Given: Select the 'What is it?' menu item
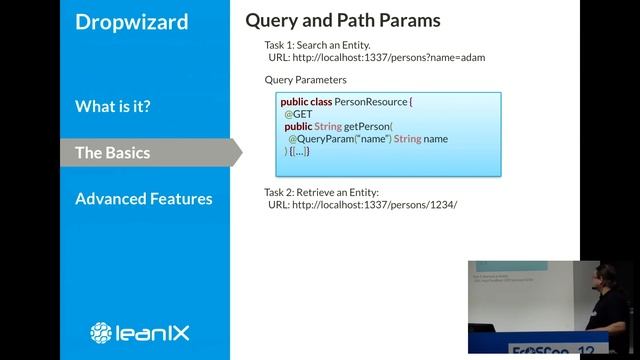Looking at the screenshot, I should pyautogui.click(x=112, y=106).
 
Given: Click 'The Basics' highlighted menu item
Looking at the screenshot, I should pyautogui.click(x=112, y=152).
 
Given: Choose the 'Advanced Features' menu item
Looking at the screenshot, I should pyautogui.click(x=143, y=198).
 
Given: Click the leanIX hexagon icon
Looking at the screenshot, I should pyautogui.click(x=101, y=332).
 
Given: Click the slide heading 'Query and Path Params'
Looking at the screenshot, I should pyautogui.click(x=342, y=20).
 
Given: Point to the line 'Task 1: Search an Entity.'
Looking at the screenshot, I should pyautogui.click(x=317, y=45).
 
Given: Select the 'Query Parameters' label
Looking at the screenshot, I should pyautogui.click(x=305, y=79).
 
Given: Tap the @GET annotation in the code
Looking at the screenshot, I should pyautogui.click(x=298, y=114).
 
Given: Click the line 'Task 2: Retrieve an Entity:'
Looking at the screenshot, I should pyautogui.click(x=321, y=191).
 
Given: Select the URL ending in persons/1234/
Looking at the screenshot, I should pyautogui.click(x=362, y=204).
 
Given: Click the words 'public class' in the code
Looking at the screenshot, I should pyautogui.click(x=308, y=102).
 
